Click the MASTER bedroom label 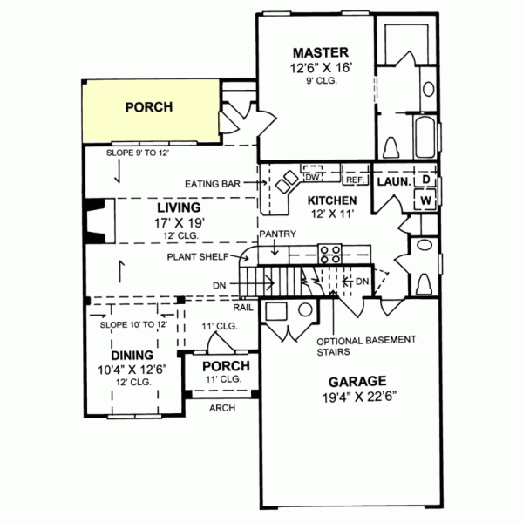click(x=315, y=51)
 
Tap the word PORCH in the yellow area click(x=148, y=107)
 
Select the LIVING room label click(x=179, y=208)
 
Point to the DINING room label click(x=132, y=356)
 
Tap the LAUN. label click(x=392, y=182)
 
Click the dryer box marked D click(x=426, y=180)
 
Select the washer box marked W click(x=426, y=200)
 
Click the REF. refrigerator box click(x=353, y=180)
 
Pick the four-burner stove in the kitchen click(x=330, y=254)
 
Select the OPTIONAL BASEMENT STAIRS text click(x=353, y=346)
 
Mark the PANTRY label click(x=277, y=234)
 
